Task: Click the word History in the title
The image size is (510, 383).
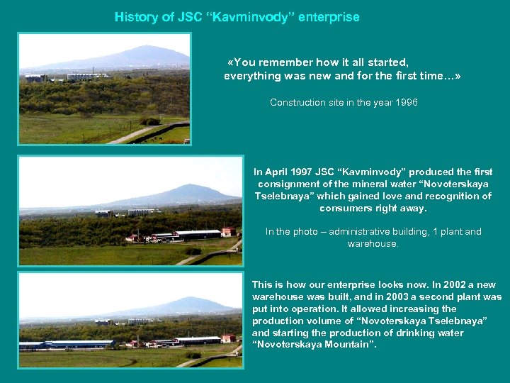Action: pyautogui.click(x=136, y=17)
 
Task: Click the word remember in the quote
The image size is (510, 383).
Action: pyautogui.click(x=291, y=62)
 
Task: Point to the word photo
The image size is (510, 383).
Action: pyautogui.click(x=305, y=232)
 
